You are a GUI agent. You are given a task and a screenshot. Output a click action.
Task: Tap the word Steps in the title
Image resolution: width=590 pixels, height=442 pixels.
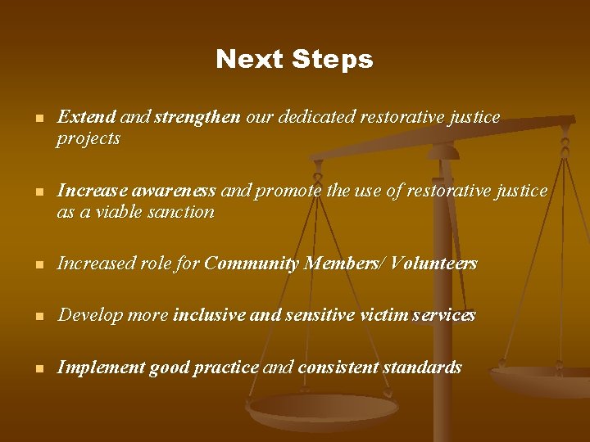331,60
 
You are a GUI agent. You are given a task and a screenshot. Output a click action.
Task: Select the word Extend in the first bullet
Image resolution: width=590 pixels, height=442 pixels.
86,117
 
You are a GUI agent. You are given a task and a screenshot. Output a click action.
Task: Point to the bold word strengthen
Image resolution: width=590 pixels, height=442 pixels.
197,117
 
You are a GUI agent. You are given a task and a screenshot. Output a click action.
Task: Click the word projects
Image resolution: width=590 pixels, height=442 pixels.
88,138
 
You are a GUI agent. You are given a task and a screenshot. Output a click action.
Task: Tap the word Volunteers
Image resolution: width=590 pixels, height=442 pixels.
434,264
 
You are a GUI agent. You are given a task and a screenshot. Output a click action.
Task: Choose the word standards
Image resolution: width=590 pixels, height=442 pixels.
421,368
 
